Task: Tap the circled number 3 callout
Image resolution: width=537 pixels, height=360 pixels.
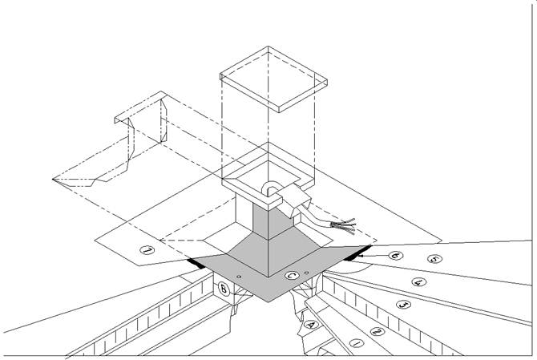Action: (404, 305)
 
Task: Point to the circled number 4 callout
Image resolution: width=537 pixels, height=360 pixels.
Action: (417, 281)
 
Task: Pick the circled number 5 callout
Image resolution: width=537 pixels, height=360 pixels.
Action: (434, 259)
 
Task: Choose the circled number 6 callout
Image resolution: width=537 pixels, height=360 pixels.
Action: (395, 254)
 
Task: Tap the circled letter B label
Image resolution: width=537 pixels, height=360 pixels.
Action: (224, 288)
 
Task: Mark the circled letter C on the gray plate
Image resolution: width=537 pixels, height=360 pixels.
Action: (293, 277)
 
